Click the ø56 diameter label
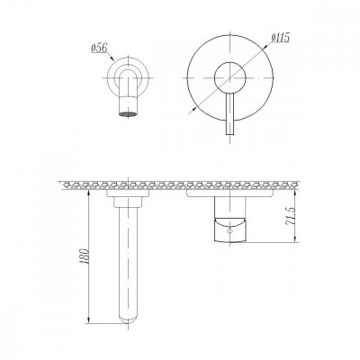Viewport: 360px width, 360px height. [x=99, y=49]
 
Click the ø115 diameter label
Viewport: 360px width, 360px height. [x=280, y=38]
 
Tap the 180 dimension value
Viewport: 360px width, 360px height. [x=85, y=256]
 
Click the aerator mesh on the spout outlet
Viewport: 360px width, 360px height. [x=128, y=114]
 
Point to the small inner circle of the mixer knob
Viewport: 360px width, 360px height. [x=230, y=77]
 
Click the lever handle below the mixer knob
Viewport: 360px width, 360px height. [x=229, y=113]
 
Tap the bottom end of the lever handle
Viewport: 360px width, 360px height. [x=229, y=134]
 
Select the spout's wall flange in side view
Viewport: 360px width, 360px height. [x=128, y=193]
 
